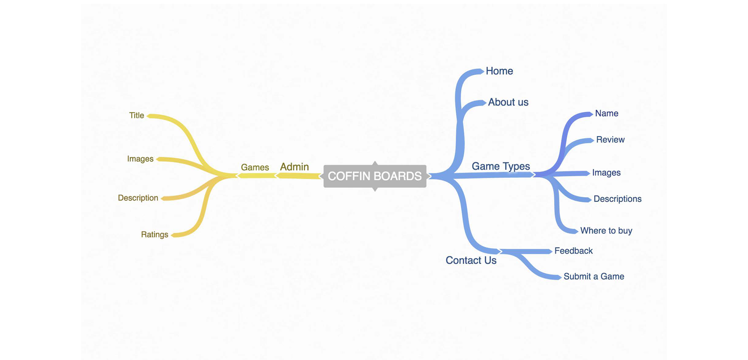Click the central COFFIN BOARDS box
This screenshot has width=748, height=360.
[x=375, y=176]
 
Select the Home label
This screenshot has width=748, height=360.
[x=499, y=71]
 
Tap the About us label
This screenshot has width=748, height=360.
[x=508, y=102]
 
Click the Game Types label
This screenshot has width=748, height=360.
[x=501, y=166]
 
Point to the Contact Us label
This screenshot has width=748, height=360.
[x=471, y=260]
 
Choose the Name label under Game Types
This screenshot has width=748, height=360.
[x=607, y=113]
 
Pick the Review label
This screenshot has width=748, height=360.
[x=610, y=139]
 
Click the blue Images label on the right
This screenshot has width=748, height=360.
[x=606, y=173]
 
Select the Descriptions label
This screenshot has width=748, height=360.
[x=617, y=199]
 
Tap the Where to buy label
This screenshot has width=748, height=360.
[x=606, y=231]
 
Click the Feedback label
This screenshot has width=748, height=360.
[x=573, y=251]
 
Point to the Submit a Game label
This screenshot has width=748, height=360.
[x=594, y=276]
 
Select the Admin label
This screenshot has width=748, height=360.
[x=295, y=167]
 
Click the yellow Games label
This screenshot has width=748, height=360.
[x=255, y=167]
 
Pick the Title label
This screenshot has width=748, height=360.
[x=136, y=115]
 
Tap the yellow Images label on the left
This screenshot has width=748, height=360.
[x=140, y=159]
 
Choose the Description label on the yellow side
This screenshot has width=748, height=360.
[x=138, y=198]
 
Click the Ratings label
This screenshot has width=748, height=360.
[x=155, y=235]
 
